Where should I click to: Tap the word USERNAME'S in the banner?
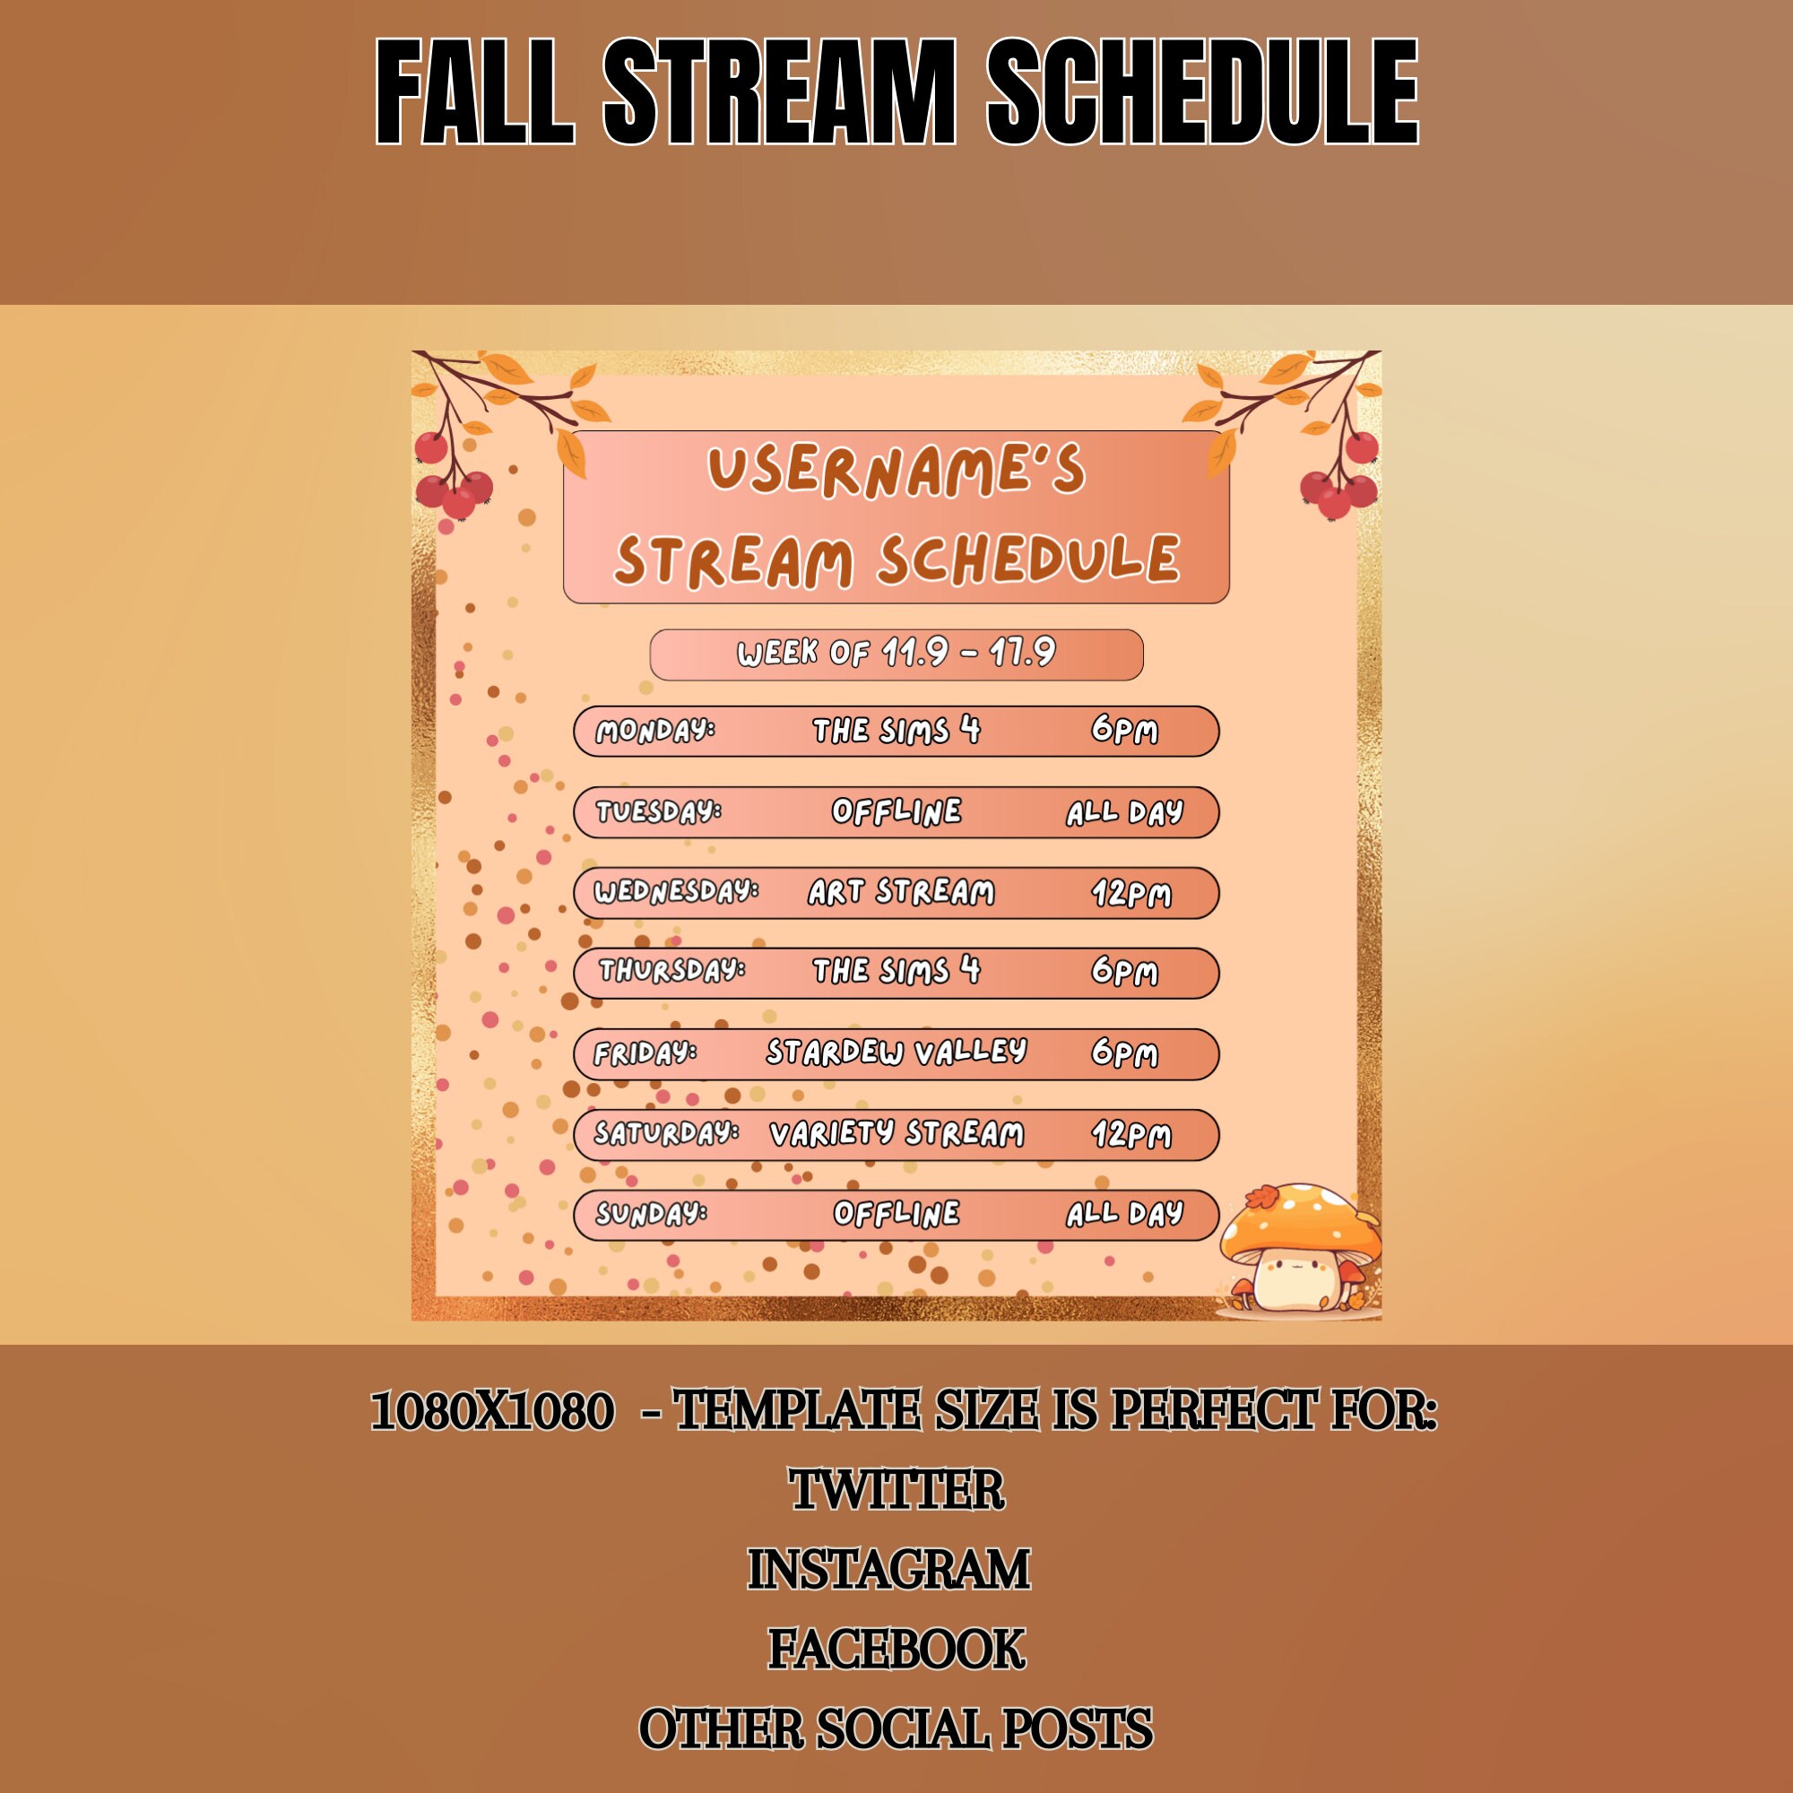pos(896,470)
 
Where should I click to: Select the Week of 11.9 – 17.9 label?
pos(896,654)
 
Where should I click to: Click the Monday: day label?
pos(655,731)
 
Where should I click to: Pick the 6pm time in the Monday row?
pos(1124,731)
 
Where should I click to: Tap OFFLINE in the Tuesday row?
pos(896,812)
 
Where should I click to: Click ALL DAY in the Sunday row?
pos(1124,1214)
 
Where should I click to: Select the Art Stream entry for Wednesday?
pos(900,892)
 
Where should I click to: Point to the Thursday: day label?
pos(671,971)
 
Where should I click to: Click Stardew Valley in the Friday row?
pos(896,1052)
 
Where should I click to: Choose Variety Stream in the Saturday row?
pos(896,1133)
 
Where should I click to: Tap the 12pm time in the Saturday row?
pos(1130,1134)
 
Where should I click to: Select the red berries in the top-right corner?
pos(1340,482)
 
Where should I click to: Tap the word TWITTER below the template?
pos(896,1491)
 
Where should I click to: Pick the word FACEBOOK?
pos(896,1650)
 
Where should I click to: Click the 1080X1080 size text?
pos(492,1412)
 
